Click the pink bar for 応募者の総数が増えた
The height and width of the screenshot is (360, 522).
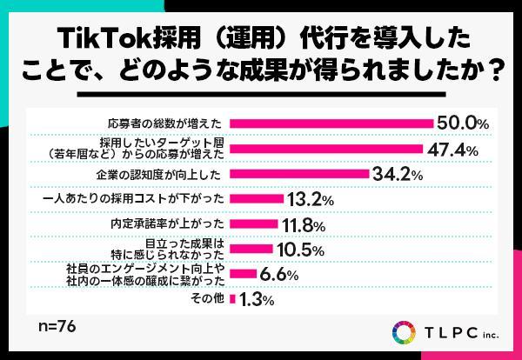(331, 123)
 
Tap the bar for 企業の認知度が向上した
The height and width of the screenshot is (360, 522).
(299, 173)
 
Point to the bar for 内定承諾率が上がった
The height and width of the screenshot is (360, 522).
(253, 223)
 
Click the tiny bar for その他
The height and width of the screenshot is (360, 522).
(232, 299)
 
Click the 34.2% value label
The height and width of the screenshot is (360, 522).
(397, 174)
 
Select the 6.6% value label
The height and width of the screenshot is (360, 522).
(280, 274)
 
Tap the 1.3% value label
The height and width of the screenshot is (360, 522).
(257, 300)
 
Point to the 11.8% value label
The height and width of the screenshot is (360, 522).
(304, 224)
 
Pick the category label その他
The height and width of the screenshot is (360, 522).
(209, 299)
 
